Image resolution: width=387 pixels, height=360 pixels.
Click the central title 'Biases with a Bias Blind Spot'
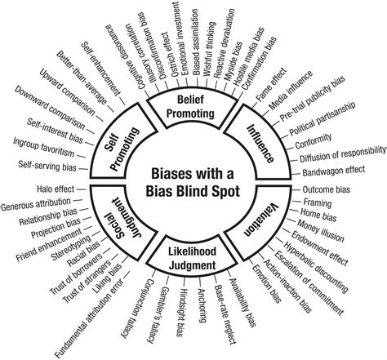tap(194, 184)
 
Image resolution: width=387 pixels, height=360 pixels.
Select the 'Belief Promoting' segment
tap(193, 107)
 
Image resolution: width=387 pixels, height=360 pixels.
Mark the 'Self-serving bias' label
tap(51, 165)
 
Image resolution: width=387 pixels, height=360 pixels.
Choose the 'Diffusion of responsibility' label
tap(326, 152)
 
